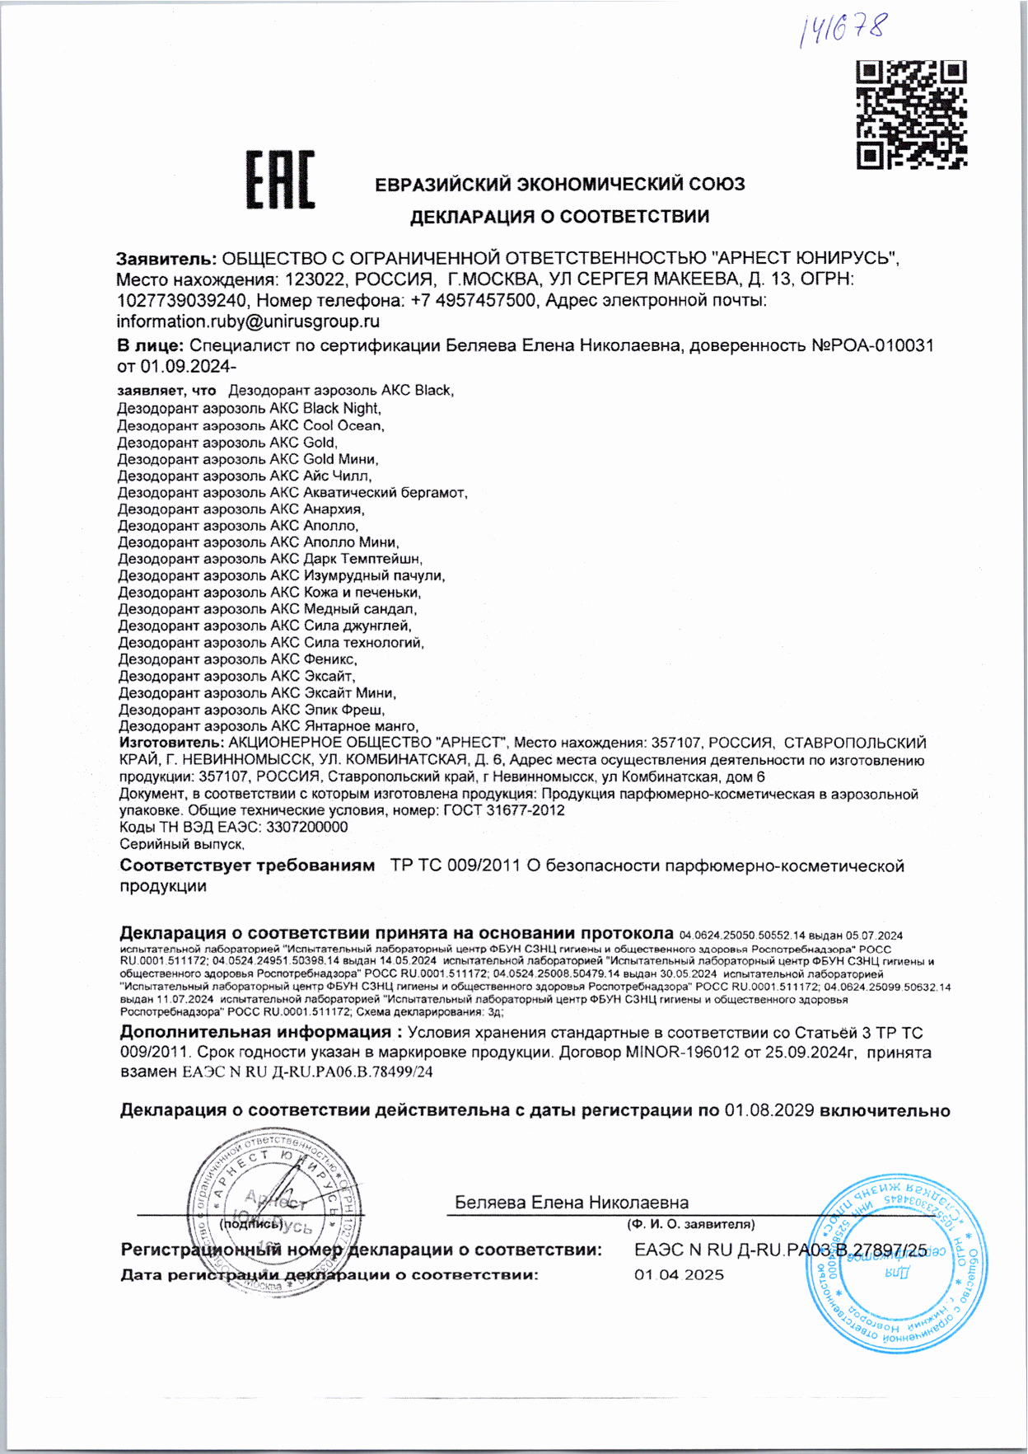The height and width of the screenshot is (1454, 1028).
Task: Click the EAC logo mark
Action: (280, 180)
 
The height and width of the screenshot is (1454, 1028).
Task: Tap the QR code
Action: (911, 115)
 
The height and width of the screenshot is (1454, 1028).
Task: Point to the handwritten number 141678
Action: (842, 29)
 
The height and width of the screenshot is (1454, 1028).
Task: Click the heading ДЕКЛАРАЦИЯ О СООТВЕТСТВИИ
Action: (560, 217)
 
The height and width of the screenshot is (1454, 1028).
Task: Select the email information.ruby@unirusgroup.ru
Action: (248, 321)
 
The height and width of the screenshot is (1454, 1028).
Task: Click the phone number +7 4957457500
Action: (474, 300)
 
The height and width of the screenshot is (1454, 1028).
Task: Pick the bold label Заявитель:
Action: (166, 258)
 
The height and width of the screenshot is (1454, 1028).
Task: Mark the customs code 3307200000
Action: (299, 827)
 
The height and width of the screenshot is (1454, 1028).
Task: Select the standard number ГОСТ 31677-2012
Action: (504, 810)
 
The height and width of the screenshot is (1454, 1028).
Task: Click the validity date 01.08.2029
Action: (769, 1110)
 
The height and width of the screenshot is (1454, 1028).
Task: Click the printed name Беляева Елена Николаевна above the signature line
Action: (572, 1203)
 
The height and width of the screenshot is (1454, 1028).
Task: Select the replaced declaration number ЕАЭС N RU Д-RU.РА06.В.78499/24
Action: (306, 1072)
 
